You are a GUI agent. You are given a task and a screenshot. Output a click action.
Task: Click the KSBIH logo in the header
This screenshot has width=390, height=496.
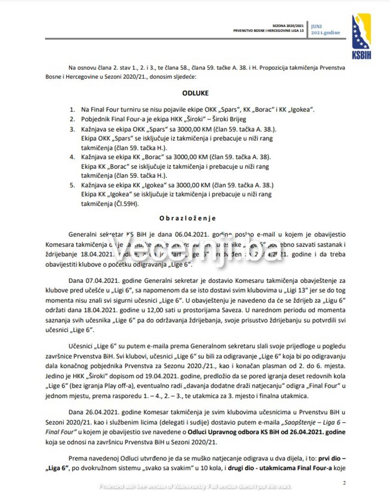coord(361,30)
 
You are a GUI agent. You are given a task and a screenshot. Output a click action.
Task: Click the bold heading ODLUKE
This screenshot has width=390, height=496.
coord(195,93)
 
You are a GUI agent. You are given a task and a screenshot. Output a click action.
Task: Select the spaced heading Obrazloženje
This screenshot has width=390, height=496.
coord(187,218)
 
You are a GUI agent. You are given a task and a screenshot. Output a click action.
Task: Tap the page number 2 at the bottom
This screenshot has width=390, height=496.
coord(345,482)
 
